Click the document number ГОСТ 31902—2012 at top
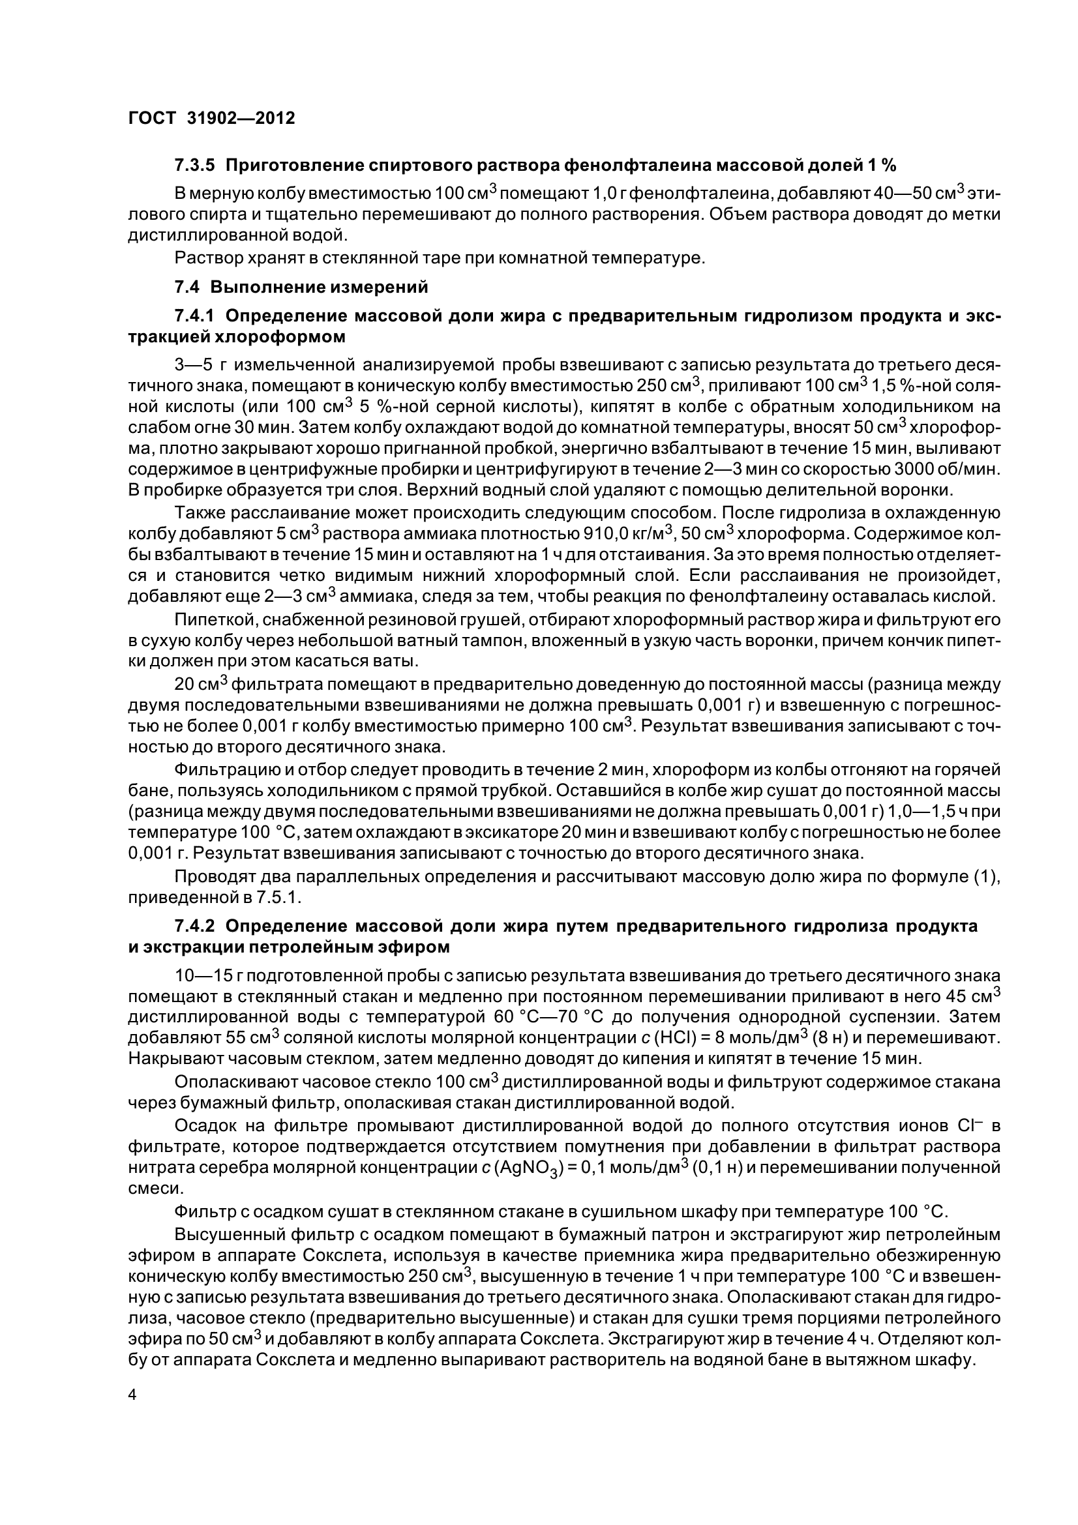tap(211, 118)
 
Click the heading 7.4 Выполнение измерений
tap(301, 287)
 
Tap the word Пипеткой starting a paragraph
tap(216, 619)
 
